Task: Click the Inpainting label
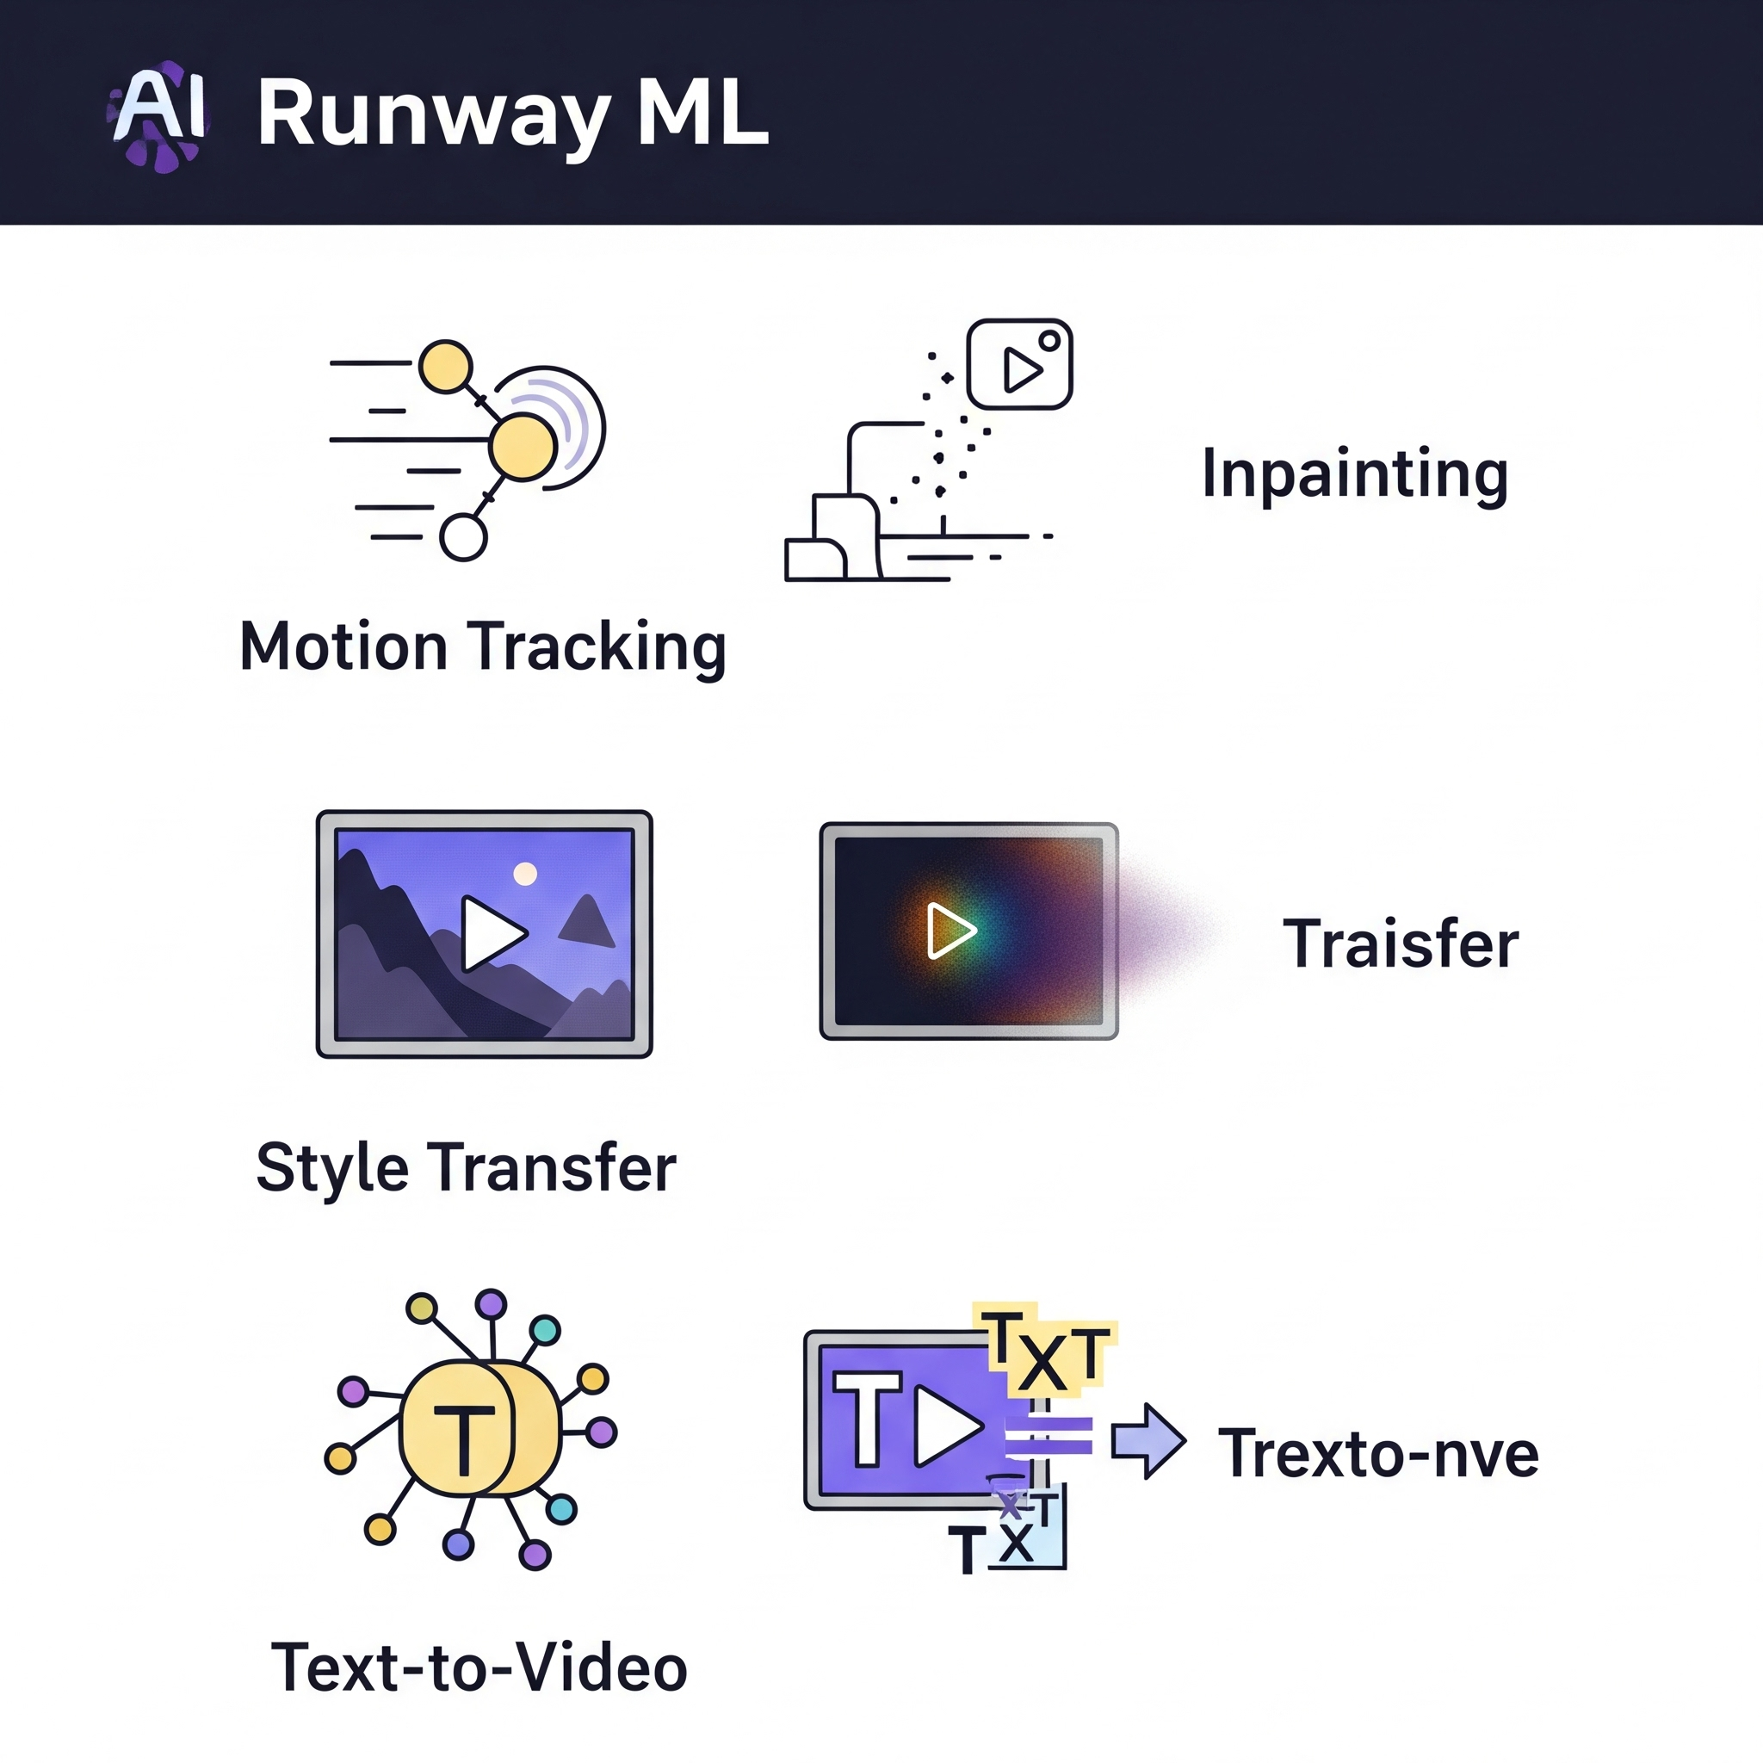(x=1355, y=473)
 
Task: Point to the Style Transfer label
(x=467, y=1167)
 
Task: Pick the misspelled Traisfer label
(x=1401, y=943)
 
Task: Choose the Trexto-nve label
(x=1379, y=1454)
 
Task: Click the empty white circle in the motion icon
(x=464, y=537)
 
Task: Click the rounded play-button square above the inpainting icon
(x=1019, y=364)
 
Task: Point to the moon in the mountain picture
(x=525, y=875)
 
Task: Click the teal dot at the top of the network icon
(x=545, y=1329)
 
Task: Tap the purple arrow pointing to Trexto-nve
(x=1148, y=1441)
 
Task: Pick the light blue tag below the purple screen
(x=1029, y=1537)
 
